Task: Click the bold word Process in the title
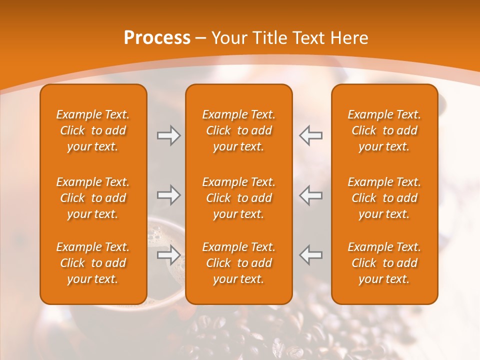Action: (157, 38)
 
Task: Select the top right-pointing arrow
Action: (169, 135)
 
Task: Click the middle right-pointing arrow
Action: (169, 195)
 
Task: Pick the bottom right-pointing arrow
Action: (169, 255)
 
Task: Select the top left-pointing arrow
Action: (310, 135)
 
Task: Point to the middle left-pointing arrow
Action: (310, 195)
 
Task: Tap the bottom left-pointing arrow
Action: (310, 255)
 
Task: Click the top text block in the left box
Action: (93, 130)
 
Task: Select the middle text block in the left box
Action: (93, 198)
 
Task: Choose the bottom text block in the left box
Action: (93, 263)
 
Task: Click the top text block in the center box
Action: (239, 130)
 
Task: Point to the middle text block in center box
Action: (239, 198)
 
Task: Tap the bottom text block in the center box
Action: (239, 263)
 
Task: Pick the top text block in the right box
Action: (384, 130)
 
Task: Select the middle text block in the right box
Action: (384, 198)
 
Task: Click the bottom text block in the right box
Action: (384, 263)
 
